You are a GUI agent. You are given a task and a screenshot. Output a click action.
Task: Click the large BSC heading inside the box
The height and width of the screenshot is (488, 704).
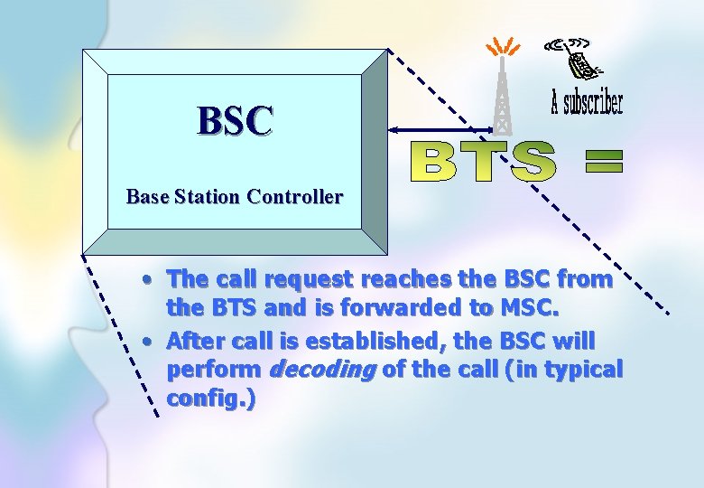235,120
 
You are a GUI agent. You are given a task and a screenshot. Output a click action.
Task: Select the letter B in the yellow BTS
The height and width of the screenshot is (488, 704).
433,162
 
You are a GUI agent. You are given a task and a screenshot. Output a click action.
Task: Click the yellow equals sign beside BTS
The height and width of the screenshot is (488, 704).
604,162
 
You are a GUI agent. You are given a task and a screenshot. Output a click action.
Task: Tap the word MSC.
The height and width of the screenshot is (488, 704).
526,307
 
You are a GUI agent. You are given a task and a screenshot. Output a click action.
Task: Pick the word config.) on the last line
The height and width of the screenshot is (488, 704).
210,398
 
